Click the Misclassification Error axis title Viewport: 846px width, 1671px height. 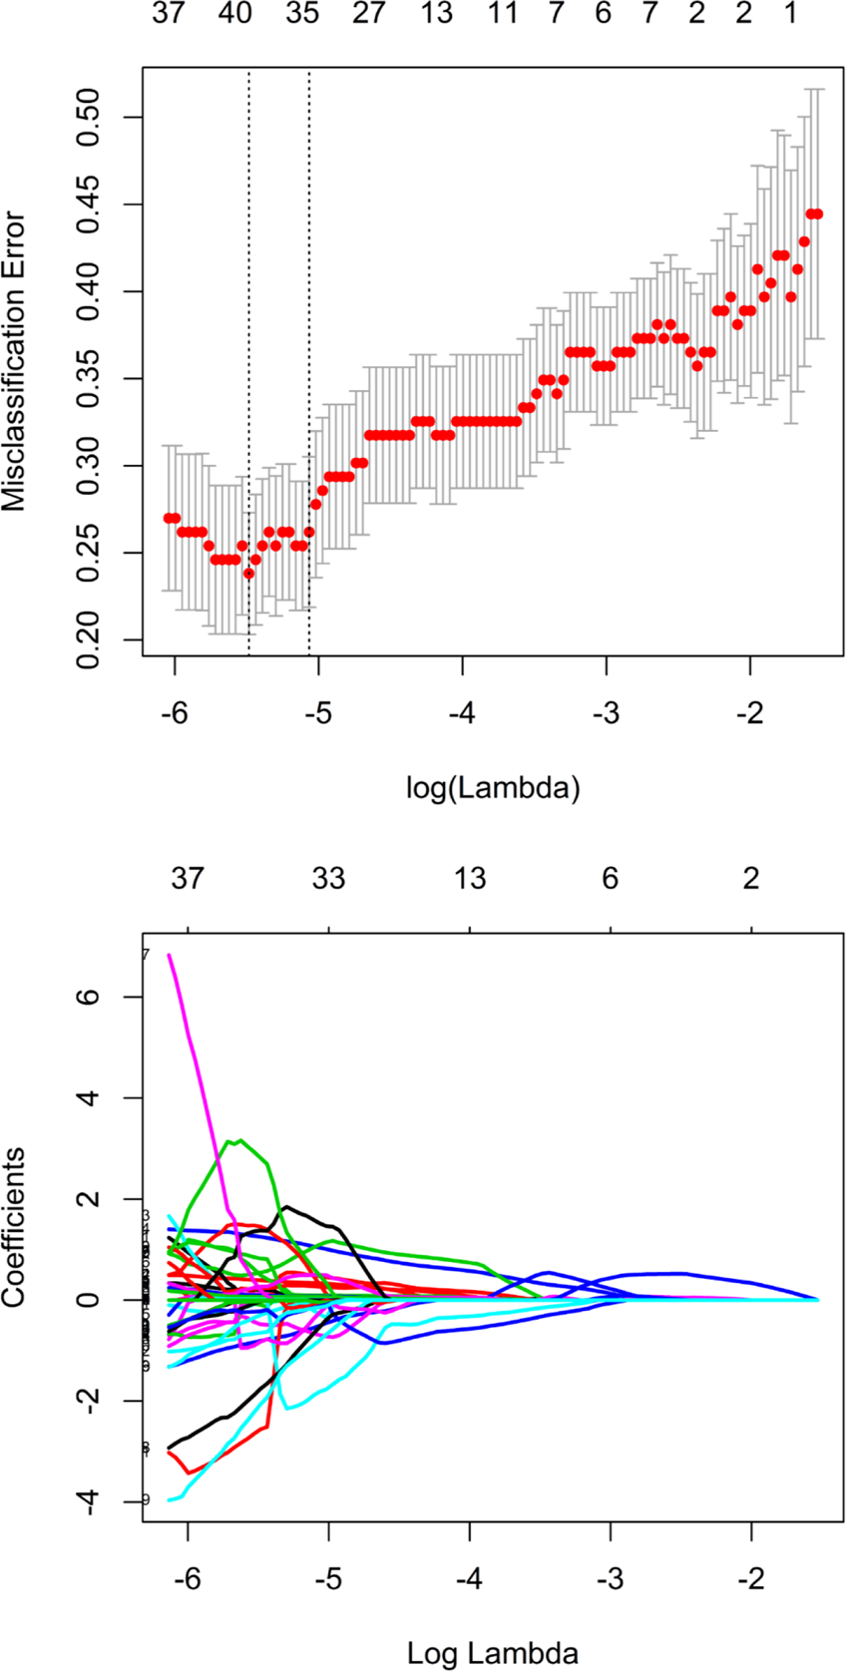14,361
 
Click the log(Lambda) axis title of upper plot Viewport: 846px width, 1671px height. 493,788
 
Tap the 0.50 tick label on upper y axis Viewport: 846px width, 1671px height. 89,117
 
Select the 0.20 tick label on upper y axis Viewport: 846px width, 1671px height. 89,639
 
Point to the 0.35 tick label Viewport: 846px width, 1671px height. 89,378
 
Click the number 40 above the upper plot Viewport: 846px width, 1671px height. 235,14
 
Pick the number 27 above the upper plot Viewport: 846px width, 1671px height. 368,14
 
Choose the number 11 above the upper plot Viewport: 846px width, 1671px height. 503,14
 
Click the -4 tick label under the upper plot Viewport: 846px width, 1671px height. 461,714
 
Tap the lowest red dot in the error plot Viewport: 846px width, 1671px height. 249,573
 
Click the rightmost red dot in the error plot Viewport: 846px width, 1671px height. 817,213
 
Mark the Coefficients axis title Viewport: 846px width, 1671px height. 14,1227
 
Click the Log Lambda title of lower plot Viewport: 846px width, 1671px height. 493,1653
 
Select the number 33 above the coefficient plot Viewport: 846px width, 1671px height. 328,879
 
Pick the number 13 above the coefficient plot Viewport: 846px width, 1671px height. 470,879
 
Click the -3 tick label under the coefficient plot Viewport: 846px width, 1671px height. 610,1579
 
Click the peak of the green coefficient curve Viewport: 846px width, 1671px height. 239,1139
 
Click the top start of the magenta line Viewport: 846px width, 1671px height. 170,955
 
